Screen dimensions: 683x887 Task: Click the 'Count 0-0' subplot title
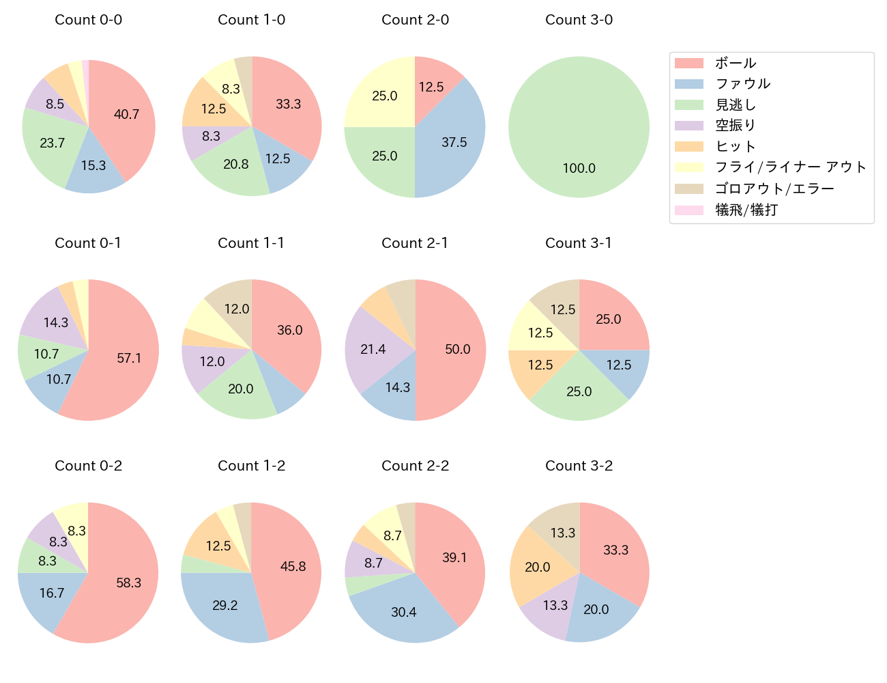click(x=88, y=20)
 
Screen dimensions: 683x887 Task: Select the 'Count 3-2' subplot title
click(x=579, y=466)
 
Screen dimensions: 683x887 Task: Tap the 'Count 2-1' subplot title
click(x=415, y=243)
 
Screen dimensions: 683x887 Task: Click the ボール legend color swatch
click(x=688, y=63)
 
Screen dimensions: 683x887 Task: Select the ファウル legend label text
click(x=742, y=84)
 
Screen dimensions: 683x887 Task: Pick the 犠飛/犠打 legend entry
click(x=746, y=210)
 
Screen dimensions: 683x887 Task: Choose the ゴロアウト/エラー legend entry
click(x=774, y=189)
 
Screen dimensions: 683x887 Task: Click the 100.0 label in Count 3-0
click(x=579, y=168)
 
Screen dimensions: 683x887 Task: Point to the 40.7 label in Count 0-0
click(x=126, y=115)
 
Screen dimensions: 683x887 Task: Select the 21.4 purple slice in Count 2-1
click(x=374, y=348)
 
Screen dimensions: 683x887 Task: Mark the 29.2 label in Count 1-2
click(x=224, y=605)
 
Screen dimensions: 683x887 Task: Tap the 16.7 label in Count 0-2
click(x=52, y=593)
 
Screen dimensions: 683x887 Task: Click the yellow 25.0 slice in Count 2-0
click(x=384, y=96)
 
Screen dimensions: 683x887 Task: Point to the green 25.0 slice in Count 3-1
click(x=579, y=391)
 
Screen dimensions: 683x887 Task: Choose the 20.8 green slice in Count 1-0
click(x=236, y=165)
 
